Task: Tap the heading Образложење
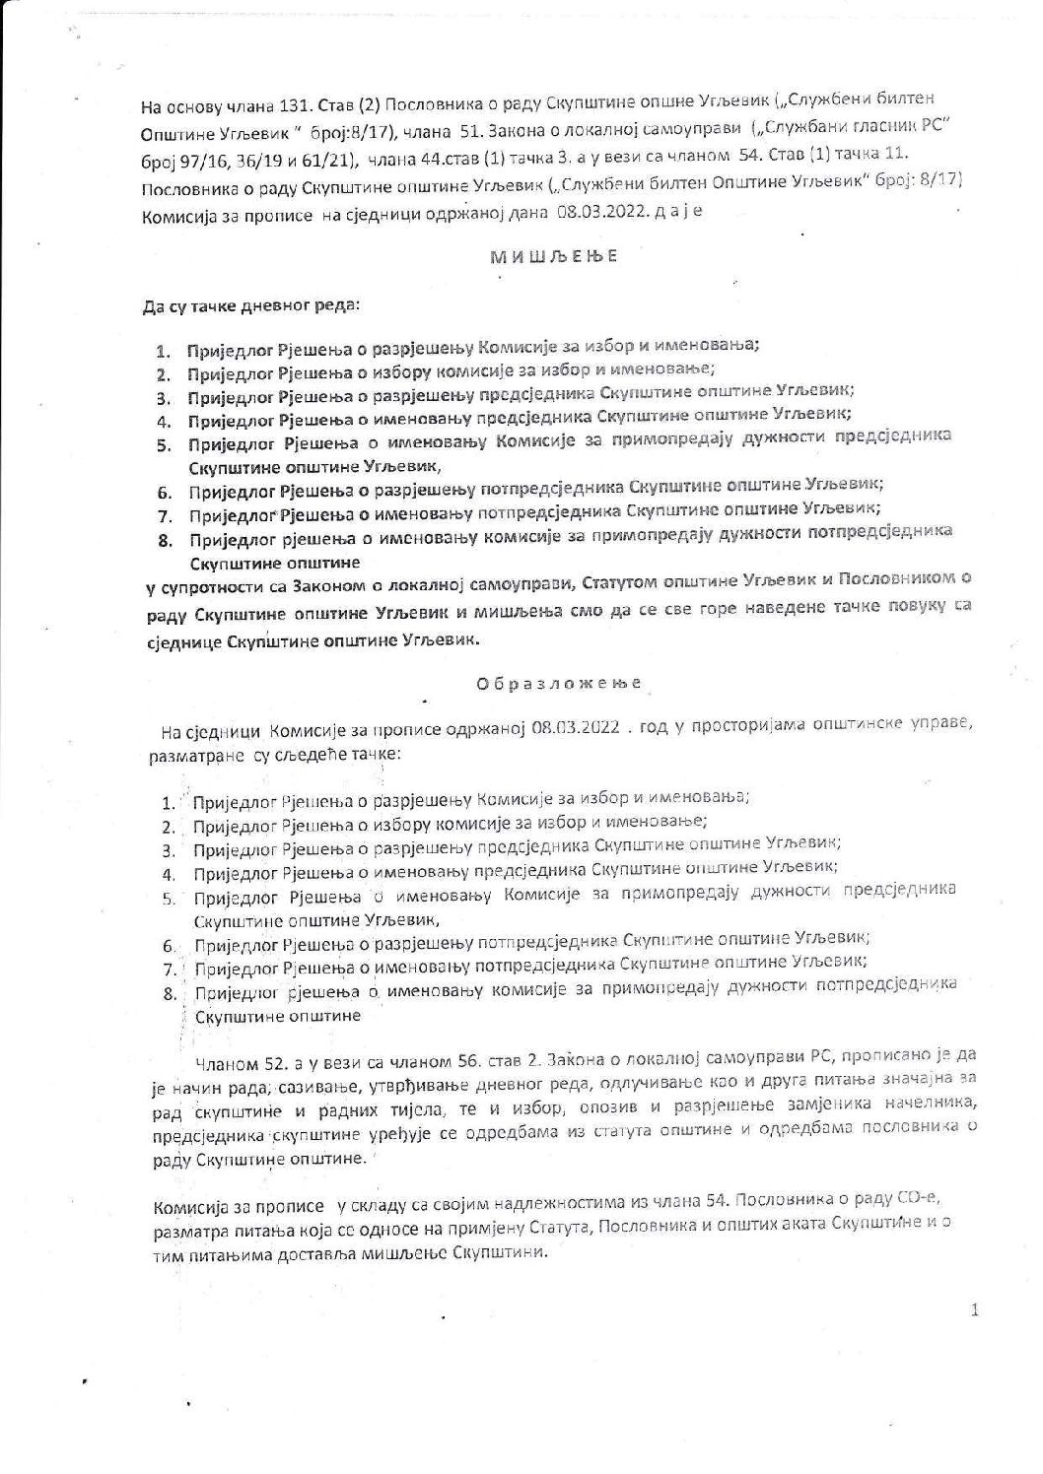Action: (560, 683)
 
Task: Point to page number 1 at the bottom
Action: (974, 1310)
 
